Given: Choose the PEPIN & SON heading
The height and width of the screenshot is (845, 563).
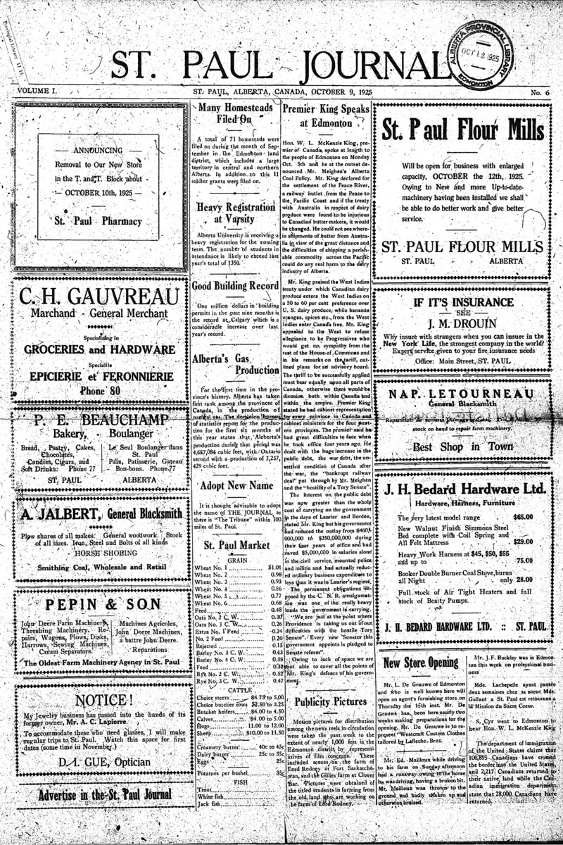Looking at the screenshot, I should pos(99,606).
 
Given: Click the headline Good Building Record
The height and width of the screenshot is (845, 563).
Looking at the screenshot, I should pos(234,287).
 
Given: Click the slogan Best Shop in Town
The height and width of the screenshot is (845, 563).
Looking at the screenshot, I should pos(462,446).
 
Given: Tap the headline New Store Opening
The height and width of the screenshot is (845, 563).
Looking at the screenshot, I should pos(421,663).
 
